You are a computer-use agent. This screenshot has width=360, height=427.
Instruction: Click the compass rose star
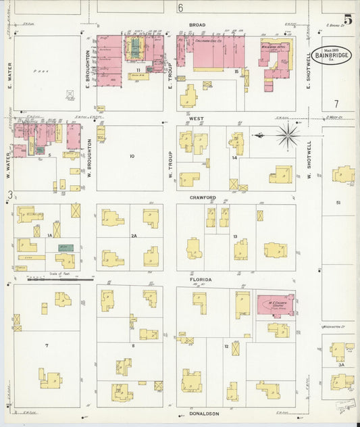coord(289,135)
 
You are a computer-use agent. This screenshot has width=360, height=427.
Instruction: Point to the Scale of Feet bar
coord(53,278)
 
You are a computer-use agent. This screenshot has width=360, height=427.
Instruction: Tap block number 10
coord(132,156)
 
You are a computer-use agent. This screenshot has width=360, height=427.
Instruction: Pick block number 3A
coord(341,364)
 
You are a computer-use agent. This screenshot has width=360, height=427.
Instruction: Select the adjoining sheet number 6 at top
coord(180,8)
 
